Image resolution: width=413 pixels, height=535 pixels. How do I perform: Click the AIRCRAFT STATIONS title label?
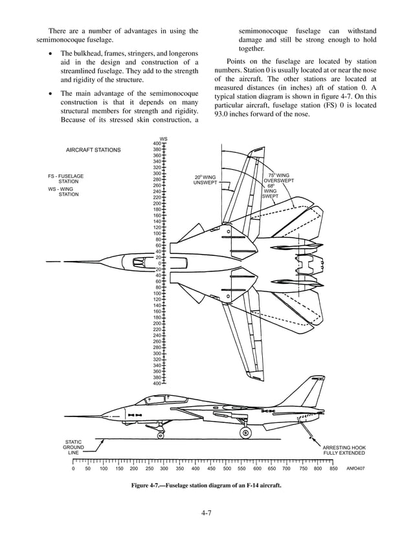point(93,150)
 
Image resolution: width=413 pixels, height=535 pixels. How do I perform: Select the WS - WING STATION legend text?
point(63,191)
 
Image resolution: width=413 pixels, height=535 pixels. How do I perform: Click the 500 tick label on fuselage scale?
point(227,468)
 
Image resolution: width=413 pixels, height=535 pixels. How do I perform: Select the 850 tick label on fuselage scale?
point(333,468)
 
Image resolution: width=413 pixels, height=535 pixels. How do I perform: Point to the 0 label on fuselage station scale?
point(73,468)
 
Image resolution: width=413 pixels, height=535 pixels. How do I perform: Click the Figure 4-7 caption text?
point(206,485)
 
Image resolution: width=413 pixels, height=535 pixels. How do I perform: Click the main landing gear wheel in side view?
point(246,433)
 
